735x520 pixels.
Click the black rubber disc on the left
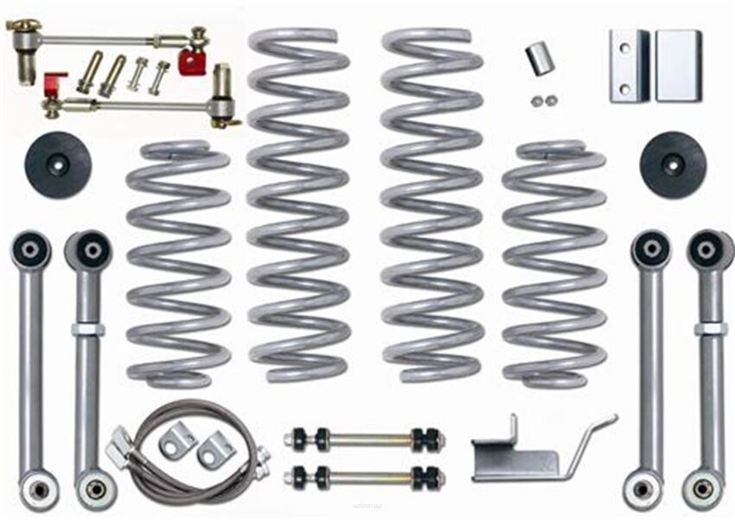point(59,164)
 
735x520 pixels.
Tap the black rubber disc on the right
point(673,164)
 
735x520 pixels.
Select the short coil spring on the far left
point(178,264)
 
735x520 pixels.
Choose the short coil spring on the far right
point(553,264)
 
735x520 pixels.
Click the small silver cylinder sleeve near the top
point(539,59)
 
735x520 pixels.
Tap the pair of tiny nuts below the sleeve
point(543,101)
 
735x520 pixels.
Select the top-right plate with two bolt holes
point(628,66)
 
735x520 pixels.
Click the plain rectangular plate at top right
point(678,66)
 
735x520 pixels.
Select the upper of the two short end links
point(364,439)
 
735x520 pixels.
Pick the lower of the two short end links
point(364,475)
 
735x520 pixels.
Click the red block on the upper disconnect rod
point(193,61)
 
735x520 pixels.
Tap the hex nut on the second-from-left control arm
point(89,330)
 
